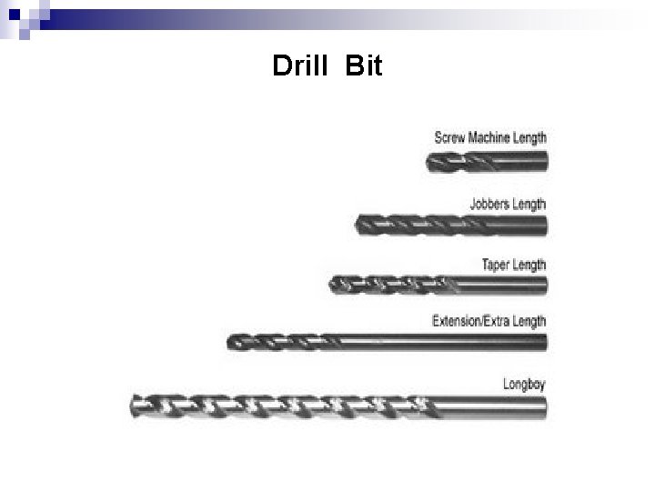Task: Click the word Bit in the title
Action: [365, 66]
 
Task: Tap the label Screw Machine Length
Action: [490, 138]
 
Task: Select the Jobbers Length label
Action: [508, 204]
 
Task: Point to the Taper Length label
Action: [514, 265]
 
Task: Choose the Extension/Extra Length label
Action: [489, 320]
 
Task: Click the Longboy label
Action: [524, 384]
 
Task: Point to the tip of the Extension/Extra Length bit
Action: [229, 343]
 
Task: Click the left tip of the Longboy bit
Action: [134, 406]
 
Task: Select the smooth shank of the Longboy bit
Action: [491, 406]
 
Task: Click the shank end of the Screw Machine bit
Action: [544, 163]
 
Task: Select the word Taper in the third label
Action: [497, 265]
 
